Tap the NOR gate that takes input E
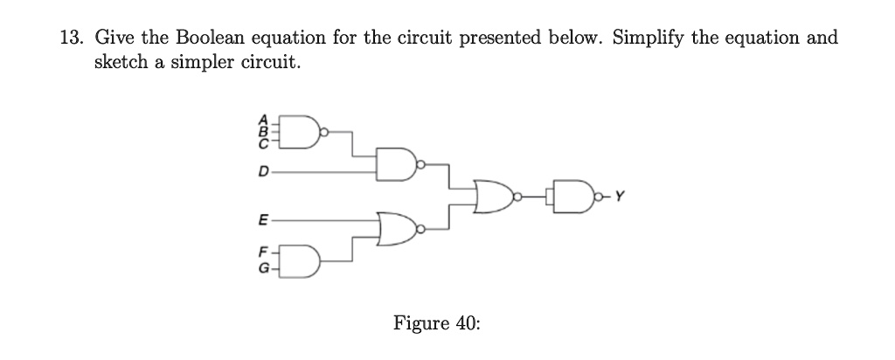coord(398,229)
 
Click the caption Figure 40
coord(436,323)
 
